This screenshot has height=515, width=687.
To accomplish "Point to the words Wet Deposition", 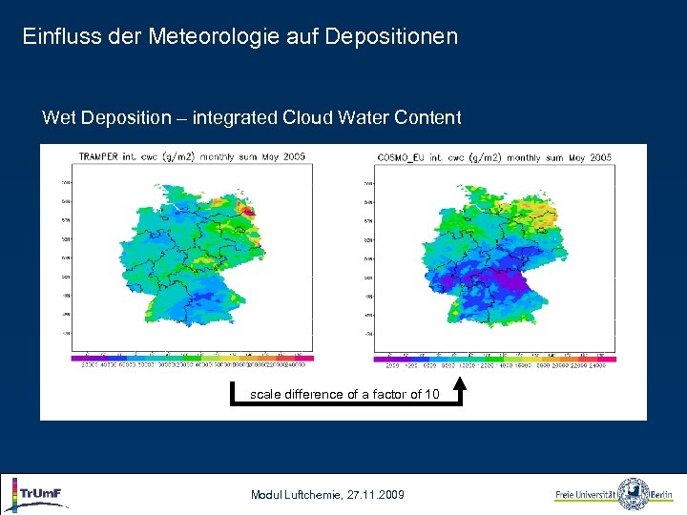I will [105, 118].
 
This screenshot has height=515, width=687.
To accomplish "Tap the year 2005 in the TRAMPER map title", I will [293, 156].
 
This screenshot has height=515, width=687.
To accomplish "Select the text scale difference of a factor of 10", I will [344, 394].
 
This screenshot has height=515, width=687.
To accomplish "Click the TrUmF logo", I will [38, 494].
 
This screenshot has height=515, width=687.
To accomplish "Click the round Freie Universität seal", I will [633, 494].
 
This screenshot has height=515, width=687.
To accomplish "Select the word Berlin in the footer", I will [663, 495].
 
